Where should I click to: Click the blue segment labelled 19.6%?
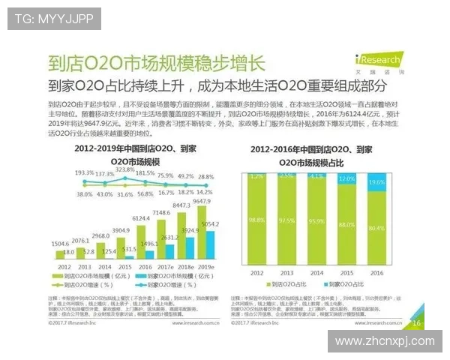377,182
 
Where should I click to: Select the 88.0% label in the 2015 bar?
346,224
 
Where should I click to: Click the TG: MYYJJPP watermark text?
44,17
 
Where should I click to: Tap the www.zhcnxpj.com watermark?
384,341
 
